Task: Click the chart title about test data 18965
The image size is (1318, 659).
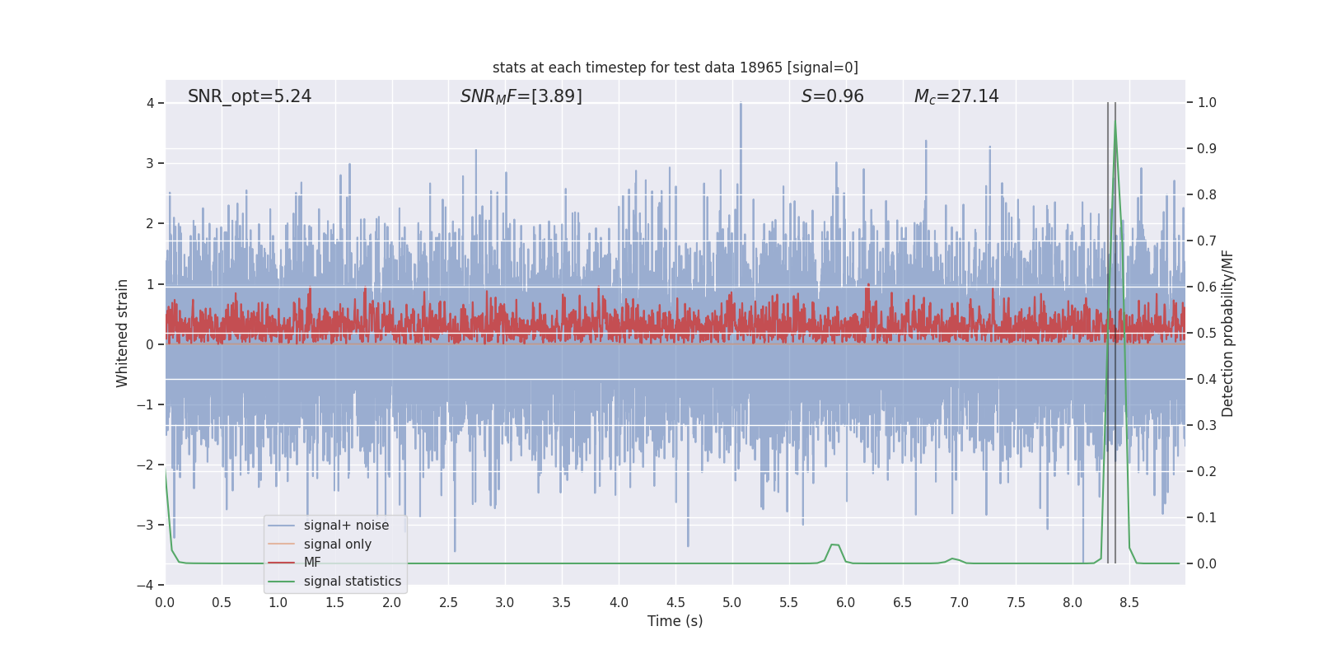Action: click(675, 68)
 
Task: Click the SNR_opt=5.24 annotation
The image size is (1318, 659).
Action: click(250, 96)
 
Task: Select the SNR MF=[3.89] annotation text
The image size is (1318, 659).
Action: click(521, 96)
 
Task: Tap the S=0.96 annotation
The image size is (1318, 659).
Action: click(832, 96)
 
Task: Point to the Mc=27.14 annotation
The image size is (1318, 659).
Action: click(956, 96)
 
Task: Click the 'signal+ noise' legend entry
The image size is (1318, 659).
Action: click(346, 526)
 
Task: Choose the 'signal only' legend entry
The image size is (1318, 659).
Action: click(337, 544)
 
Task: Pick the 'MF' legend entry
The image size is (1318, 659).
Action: click(312, 563)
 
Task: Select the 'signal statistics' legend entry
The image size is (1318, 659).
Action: click(352, 582)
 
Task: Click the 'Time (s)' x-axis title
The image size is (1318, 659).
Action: click(675, 621)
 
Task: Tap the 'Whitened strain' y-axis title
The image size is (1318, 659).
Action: click(123, 333)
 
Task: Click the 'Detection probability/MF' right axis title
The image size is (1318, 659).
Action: click(1227, 333)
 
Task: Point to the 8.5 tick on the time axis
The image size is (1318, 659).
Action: click(1129, 602)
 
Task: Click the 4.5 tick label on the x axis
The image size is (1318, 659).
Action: click(675, 602)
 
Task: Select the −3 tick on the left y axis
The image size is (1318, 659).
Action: click(149, 525)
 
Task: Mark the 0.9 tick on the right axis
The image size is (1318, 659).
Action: click(1206, 149)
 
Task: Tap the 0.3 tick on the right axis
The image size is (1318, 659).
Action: click(1206, 426)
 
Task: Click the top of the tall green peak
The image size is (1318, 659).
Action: click(1115, 124)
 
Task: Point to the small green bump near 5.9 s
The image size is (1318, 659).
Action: click(834, 545)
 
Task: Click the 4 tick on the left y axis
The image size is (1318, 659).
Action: click(151, 103)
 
